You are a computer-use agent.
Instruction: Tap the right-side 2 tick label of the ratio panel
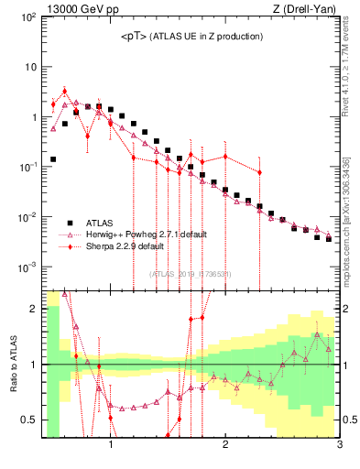click(x=346, y=309)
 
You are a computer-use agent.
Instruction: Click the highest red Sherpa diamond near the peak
click(x=64, y=92)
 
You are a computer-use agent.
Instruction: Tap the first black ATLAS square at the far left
click(x=53, y=158)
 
